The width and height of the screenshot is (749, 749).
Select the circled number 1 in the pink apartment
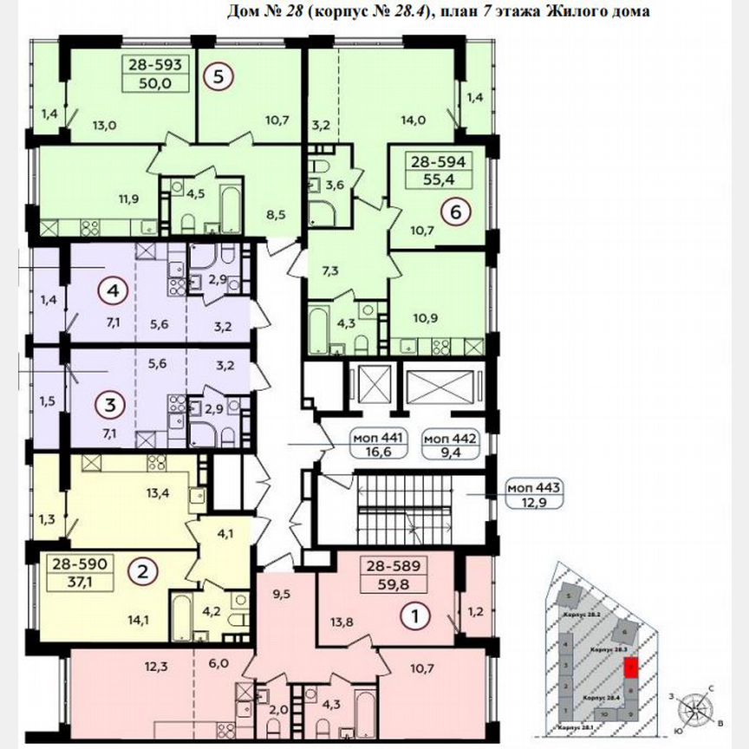418,616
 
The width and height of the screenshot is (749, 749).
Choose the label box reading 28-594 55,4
440,170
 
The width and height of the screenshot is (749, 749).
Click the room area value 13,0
104,124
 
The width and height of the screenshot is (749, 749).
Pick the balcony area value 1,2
475,613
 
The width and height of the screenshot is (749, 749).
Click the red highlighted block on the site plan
632,668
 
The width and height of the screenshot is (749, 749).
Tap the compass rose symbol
695,708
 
